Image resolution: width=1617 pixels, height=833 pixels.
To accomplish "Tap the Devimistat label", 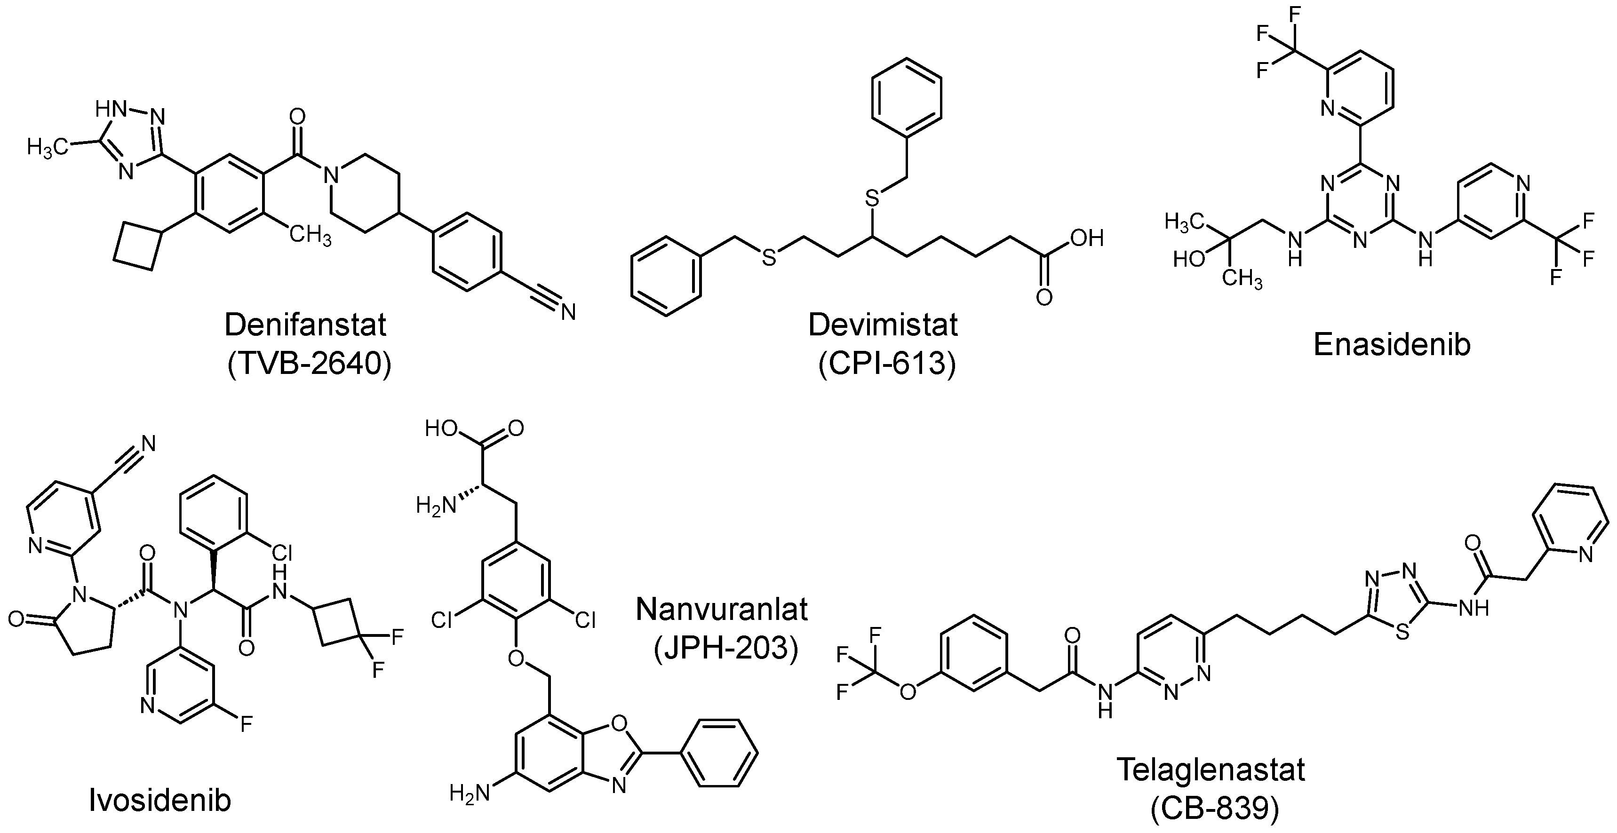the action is point(883,325).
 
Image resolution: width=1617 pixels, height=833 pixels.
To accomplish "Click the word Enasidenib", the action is point(1392,345).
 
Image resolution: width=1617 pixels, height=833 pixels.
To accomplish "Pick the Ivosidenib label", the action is point(159,801).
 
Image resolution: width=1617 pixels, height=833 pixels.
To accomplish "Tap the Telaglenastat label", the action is point(1211,770).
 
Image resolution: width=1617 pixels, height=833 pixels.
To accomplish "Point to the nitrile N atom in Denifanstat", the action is point(568,312).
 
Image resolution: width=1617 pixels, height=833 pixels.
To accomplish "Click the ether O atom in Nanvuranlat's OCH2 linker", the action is point(517,659).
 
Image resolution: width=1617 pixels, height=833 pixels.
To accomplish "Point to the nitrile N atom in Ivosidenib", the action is point(148,444).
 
